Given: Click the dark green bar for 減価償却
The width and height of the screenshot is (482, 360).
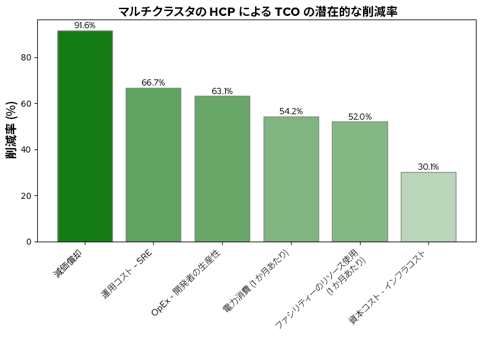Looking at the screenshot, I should (x=85, y=136).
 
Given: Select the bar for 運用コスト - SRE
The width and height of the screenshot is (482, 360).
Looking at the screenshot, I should (x=153, y=165).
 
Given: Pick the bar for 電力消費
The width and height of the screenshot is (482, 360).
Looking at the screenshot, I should (x=291, y=179).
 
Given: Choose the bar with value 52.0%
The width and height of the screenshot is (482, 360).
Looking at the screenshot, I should (x=359, y=182).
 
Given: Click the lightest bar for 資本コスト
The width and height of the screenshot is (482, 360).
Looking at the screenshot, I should (x=428, y=207).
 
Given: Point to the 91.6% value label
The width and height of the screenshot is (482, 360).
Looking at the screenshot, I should (x=85, y=26).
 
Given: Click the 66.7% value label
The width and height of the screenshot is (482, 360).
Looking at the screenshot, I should (x=153, y=83).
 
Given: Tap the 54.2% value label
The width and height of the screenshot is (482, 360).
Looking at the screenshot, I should (x=291, y=112).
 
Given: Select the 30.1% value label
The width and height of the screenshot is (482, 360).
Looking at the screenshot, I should (x=428, y=167).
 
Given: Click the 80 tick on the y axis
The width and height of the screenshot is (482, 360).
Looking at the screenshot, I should (x=27, y=57).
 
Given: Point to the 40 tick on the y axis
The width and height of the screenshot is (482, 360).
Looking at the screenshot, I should (x=27, y=149).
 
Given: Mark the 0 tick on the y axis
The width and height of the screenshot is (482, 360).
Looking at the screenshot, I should (x=29, y=242).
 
